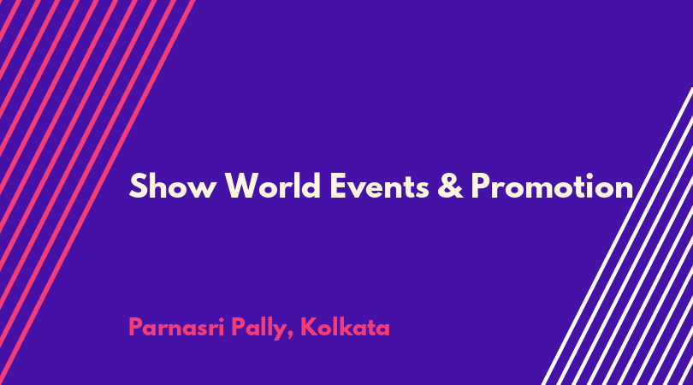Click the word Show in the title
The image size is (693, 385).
[173, 187]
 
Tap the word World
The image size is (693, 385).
[273, 185]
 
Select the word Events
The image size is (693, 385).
[379, 187]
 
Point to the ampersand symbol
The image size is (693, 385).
[450, 186]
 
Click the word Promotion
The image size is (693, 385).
[552, 186]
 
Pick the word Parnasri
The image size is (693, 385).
[176, 328]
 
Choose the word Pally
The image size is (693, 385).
[258, 329]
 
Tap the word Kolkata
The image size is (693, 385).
[345, 327]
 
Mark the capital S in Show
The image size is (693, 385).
[138, 187]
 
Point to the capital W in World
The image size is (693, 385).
[243, 187]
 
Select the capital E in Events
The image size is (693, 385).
[338, 187]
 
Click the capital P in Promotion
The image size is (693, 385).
[481, 187]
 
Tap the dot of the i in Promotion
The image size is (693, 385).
[589, 175]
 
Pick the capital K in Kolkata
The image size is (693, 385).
[309, 328]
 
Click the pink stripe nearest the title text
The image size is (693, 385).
[97, 192]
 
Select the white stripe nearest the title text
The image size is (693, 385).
[617, 236]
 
